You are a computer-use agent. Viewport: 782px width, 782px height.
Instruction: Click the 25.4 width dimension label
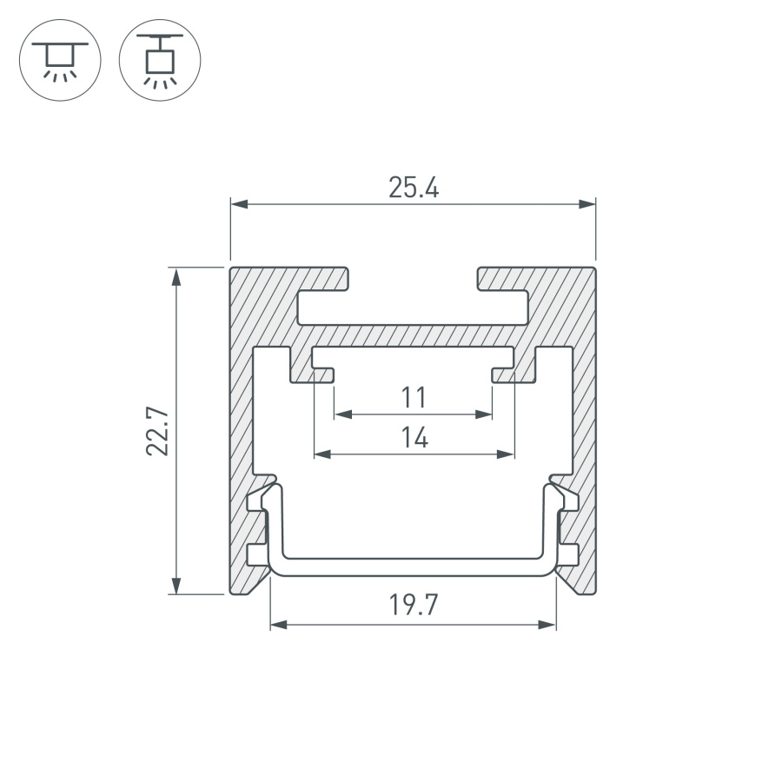tap(414, 188)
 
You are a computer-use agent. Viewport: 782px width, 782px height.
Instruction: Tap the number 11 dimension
tap(414, 397)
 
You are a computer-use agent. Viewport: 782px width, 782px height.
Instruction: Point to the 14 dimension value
tap(414, 437)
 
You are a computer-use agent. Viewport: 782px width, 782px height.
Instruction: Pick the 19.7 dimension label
tap(414, 605)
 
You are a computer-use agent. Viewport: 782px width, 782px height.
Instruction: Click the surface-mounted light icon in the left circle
tap(60, 61)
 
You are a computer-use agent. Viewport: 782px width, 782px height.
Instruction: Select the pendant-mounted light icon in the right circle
tap(160, 61)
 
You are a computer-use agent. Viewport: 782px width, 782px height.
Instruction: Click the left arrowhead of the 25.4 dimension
tap(240, 204)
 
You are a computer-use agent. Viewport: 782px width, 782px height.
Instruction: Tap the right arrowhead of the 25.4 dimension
tap(587, 204)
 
